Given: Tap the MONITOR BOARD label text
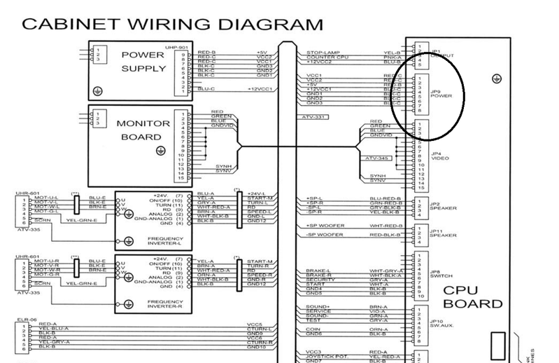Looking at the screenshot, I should pyautogui.click(x=143, y=130).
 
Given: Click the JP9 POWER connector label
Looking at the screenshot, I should pyautogui.click(x=437, y=94).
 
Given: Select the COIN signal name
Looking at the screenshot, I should pyautogui.click(x=313, y=329).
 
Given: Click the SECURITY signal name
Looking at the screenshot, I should pyautogui.click(x=318, y=279).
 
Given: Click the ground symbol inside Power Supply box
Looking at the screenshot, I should pyautogui.click(x=99, y=91).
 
